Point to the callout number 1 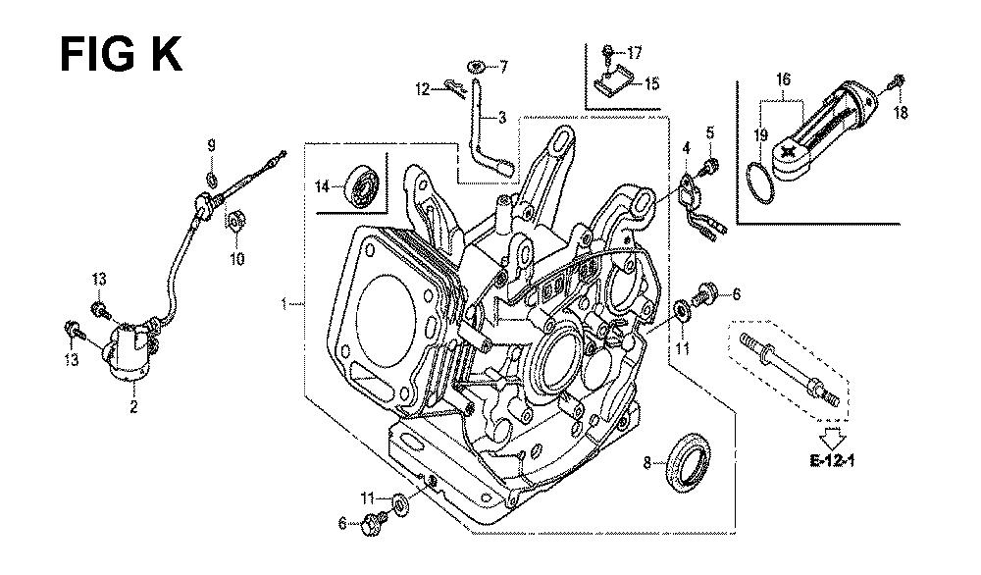click(284, 305)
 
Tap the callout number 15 click(652, 84)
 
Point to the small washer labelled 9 click(211, 179)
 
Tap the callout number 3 click(502, 118)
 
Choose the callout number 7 click(504, 66)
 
